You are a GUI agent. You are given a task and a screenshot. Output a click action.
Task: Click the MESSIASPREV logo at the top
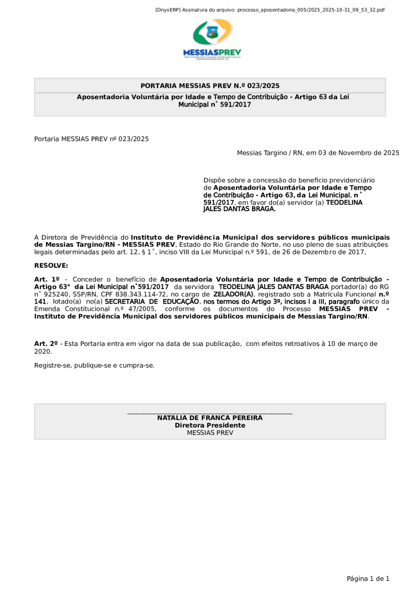[212, 40]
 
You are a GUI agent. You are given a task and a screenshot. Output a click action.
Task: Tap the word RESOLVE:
[51, 266]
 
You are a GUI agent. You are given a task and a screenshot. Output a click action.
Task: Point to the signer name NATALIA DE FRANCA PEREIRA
[210, 418]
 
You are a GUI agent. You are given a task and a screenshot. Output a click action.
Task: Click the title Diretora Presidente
[210, 425]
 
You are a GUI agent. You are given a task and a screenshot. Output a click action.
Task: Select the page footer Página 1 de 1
[368, 579]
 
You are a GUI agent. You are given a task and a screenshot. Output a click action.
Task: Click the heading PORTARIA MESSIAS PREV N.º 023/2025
[210, 86]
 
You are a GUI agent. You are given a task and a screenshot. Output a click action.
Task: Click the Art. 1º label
[47, 279]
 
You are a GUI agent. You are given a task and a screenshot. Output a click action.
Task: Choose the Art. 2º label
[46, 344]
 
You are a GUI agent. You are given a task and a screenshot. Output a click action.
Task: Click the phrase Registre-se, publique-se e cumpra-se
[94, 365]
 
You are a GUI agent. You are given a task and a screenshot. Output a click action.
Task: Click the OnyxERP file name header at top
[270, 10]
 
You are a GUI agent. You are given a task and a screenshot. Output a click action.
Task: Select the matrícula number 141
[41, 302]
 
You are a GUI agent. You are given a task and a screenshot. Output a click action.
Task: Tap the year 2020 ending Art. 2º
[42, 352]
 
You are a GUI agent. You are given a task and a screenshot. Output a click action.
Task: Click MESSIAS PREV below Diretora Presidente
[210, 433]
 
